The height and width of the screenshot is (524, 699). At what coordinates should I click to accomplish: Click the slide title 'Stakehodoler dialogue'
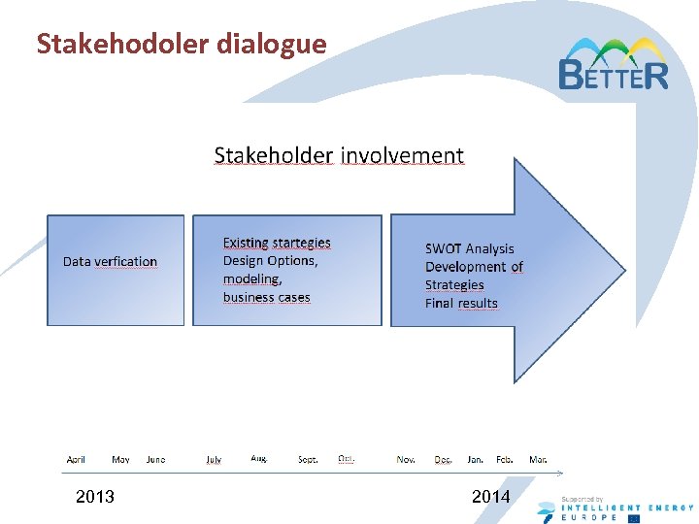point(181,44)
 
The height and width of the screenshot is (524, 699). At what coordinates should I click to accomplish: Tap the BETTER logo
point(613,65)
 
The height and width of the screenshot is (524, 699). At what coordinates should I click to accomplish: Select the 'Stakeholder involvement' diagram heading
point(338,155)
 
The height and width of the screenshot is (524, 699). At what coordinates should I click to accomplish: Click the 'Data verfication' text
point(110,262)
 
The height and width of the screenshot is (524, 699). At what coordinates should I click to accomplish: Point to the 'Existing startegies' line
point(277,243)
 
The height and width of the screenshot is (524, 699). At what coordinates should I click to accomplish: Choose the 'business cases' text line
point(266,297)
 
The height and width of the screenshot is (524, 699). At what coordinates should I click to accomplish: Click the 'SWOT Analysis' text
point(469,249)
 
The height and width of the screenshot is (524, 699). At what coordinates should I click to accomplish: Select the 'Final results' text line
point(461,303)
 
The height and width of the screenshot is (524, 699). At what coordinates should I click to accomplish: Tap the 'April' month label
point(76,459)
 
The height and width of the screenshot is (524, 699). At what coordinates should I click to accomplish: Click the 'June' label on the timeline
point(155,459)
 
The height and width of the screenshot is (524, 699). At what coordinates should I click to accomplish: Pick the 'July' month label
point(214,459)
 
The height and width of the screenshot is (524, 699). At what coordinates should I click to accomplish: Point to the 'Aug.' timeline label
point(259,458)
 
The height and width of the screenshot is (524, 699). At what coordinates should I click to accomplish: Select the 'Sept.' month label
point(308,459)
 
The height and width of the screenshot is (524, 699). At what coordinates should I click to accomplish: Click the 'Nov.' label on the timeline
point(406,459)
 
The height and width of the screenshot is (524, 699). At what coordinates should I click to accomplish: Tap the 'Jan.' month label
point(476,459)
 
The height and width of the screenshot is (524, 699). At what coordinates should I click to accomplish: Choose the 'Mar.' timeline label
point(538,459)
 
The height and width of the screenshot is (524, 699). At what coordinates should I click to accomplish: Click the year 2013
point(94,497)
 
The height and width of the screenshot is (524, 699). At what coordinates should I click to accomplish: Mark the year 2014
point(490,497)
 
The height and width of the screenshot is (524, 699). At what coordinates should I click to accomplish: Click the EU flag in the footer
point(634,516)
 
